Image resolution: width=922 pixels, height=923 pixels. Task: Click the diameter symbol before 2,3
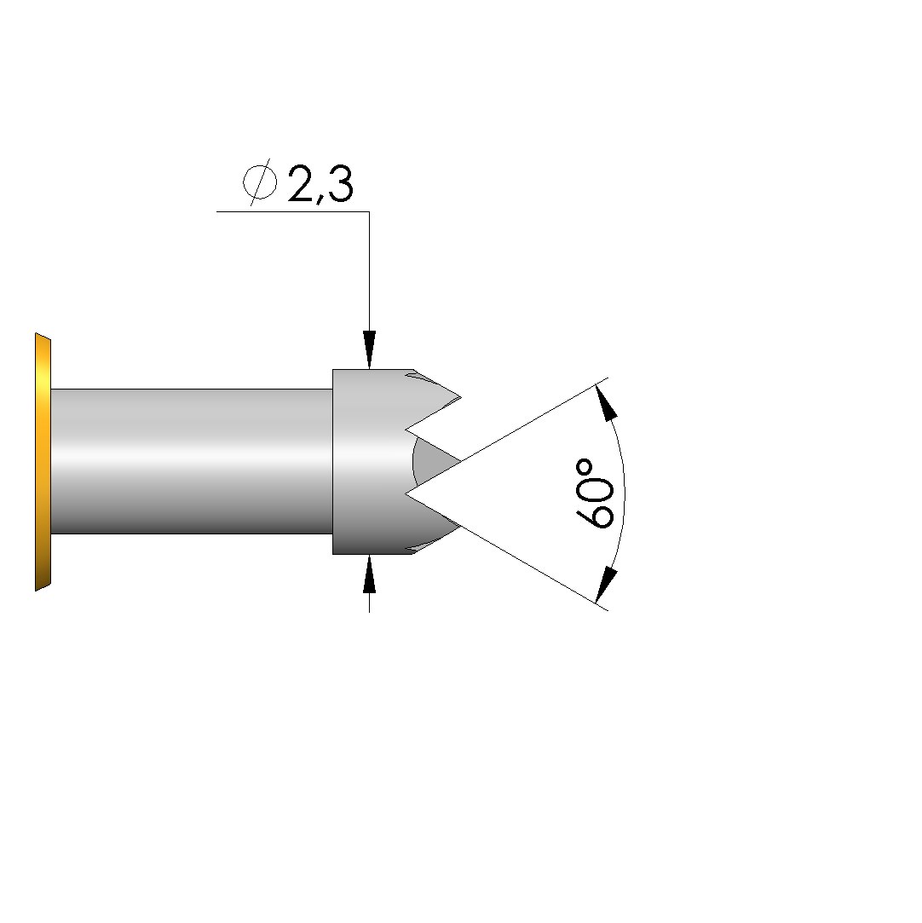pos(260,182)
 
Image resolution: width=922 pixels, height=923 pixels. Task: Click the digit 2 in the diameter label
pos(303,183)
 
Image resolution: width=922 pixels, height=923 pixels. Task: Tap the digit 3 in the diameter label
pos(340,183)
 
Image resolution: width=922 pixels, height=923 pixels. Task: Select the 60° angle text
pos(595,493)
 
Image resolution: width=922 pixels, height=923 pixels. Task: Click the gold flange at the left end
pos(43,462)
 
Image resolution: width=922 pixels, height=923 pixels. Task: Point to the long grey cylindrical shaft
pos(192,462)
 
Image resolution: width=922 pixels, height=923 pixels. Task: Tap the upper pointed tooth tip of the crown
pos(461,396)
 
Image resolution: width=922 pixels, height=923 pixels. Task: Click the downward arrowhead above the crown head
pos(369,349)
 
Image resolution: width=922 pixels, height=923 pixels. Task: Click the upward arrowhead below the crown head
pos(369,574)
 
